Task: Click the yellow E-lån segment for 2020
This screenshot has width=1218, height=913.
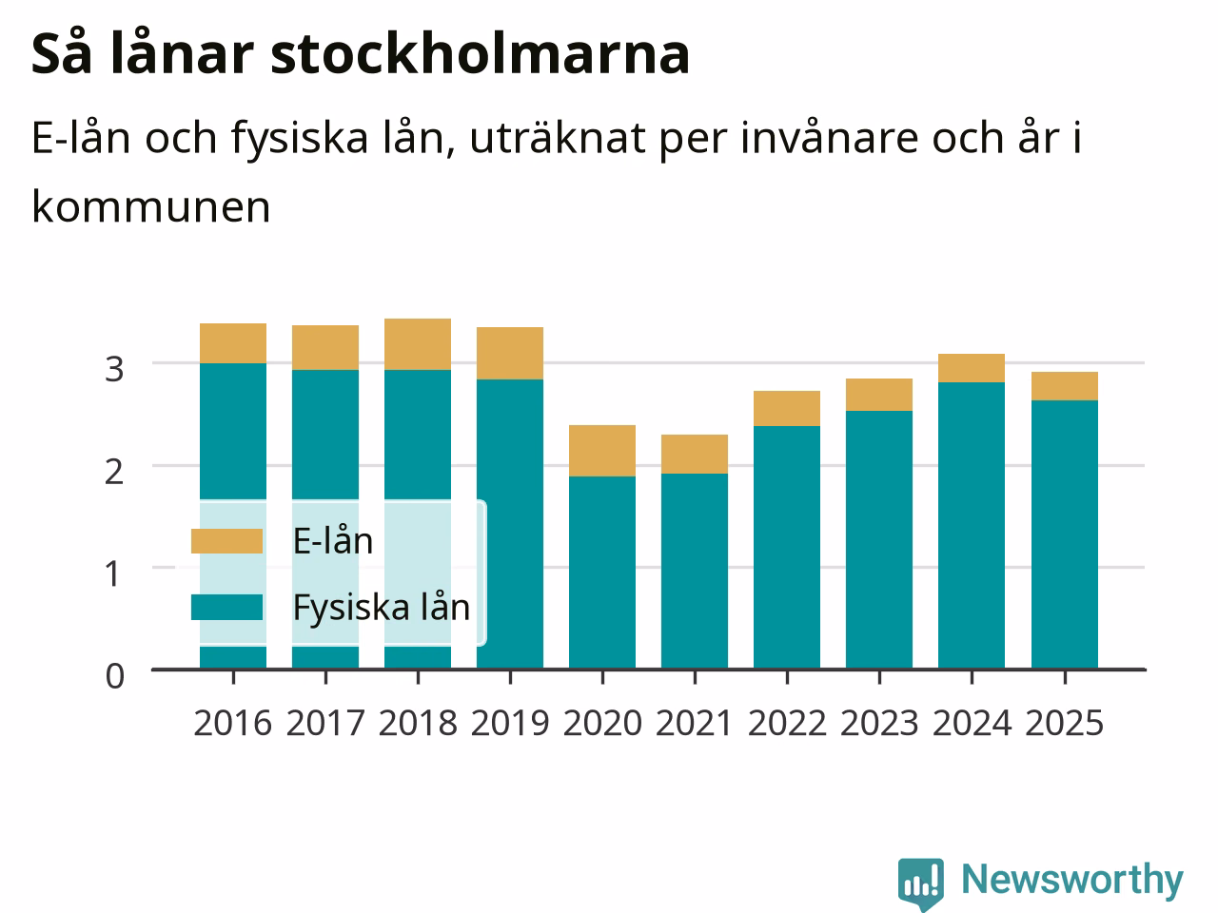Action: coord(602,451)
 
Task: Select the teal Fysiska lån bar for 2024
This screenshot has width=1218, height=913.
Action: coord(972,526)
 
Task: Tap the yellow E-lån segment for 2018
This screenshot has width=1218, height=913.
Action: coord(418,344)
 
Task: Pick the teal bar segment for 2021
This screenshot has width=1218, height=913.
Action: coord(695,572)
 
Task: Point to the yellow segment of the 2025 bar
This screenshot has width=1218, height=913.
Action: coord(1064,386)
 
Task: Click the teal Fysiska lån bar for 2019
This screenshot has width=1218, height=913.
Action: coord(510,524)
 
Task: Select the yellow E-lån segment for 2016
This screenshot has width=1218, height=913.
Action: coord(233,343)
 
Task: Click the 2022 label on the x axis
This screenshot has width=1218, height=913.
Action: coord(787,723)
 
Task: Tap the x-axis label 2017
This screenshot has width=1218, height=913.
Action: coord(325,723)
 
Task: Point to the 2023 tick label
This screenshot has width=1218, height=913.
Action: coord(879,723)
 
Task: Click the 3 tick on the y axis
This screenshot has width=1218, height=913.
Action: coord(114,369)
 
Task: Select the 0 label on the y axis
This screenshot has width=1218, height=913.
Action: coord(115,676)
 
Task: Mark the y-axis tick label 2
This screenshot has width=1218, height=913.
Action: coord(114,473)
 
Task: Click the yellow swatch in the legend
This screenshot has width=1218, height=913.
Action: coord(227,541)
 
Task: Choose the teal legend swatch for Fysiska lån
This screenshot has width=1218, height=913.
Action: coord(227,607)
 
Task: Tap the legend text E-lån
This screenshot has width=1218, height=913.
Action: coord(333,541)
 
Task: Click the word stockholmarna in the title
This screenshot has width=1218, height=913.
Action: coord(480,54)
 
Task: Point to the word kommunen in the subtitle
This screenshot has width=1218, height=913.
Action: coord(151,207)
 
